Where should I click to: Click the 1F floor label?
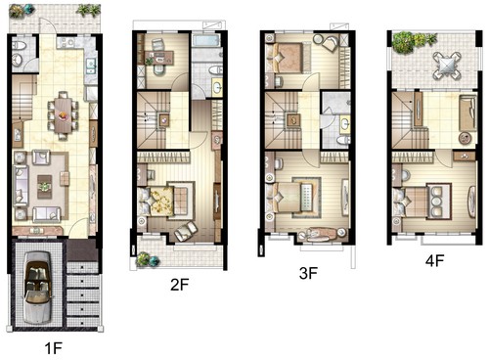click(x=53, y=348)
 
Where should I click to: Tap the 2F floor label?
click(x=180, y=285)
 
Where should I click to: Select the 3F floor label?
click(x=308, y=273)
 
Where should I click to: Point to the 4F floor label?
click(x=435, y=260)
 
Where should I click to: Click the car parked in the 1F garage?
click(x=38, y=288)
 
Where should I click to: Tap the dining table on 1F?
click(x=63, y=115)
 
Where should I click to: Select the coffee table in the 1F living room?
click(x=44, y=187)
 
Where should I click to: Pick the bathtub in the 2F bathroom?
click(x=206, y=41)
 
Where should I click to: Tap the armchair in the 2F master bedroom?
click(x=186, y=231)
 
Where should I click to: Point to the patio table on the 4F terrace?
click(x=447, y=66)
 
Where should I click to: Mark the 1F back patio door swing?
click(x=48, y=25)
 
